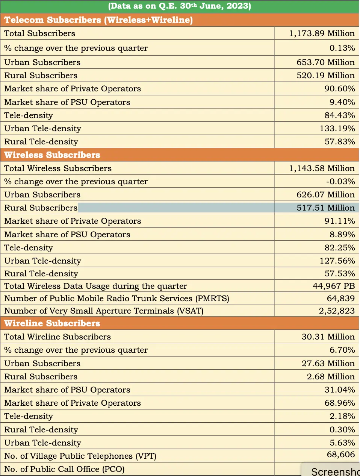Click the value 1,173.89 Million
322,33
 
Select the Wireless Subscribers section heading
52,155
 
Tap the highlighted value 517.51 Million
325,208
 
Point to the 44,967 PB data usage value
334,286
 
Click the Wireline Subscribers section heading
52,323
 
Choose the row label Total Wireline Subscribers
57,337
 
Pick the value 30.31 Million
328,337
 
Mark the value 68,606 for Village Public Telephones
340,455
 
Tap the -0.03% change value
340,182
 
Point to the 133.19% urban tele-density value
337,129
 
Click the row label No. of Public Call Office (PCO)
64,469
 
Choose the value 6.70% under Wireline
342,350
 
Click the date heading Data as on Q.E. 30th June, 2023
180,6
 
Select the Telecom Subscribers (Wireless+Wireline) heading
98,20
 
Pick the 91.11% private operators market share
340,221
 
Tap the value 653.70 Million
325,62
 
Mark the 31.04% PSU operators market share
340,390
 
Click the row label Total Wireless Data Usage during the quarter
95,286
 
